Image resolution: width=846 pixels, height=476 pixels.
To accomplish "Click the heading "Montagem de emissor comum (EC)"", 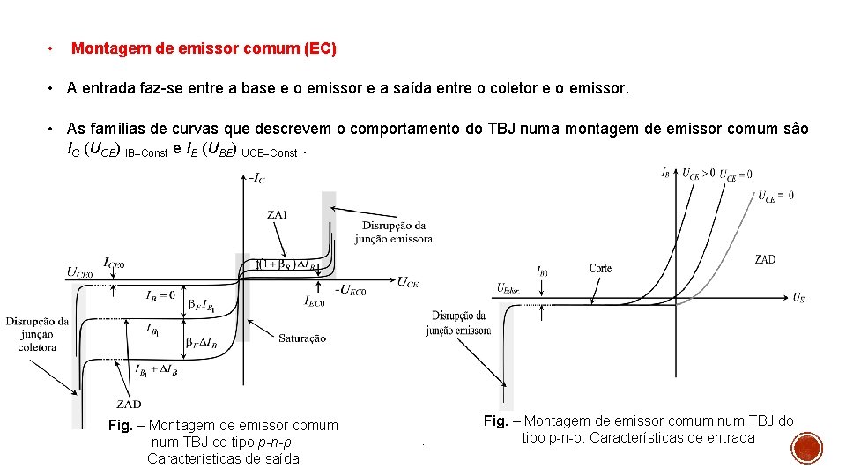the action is pos(204,48).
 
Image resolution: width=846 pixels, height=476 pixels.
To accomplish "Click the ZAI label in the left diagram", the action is pos(277,214).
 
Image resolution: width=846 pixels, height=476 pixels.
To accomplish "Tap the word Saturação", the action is pos(302,338).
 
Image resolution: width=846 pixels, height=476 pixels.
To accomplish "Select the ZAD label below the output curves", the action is pos(129,405).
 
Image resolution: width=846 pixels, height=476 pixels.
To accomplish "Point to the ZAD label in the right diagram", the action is pos(765,259).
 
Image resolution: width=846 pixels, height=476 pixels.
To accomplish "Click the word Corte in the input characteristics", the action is pos(601,268).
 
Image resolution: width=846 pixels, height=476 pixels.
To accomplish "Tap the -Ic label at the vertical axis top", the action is pos(257,179).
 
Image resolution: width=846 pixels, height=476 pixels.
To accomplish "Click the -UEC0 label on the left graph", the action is pos(351,290).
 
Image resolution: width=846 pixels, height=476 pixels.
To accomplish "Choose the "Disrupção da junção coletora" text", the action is pos(36,334).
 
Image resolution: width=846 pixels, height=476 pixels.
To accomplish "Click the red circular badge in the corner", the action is pos(806,449).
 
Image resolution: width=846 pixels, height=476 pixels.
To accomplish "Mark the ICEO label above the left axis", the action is pos(114,263).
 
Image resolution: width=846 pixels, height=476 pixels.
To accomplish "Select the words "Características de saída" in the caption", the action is pos(223,458).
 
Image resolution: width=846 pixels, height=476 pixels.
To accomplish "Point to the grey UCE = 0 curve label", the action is pos(776,196).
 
